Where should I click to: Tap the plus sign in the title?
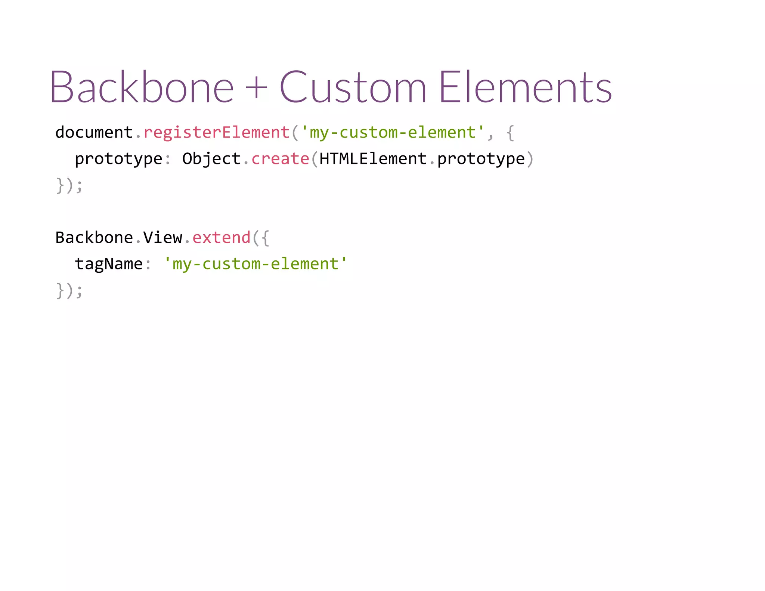point(257,88)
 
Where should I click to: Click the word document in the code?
point(94,133)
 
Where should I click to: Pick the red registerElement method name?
point(217,133)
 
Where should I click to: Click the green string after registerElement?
point(393,133)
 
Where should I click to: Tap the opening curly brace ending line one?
point(511,133)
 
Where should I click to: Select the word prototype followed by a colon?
point(118,159)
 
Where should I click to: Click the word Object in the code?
point(211,159)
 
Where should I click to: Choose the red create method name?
point(281,159)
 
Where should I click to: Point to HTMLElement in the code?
point(373,159)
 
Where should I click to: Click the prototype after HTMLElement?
point(481,159)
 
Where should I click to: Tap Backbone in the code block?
point(94,238)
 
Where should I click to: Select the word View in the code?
point(162,238)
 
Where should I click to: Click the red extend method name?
point(222,238)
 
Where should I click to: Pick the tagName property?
point(109,264)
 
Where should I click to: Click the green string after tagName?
point(255,264)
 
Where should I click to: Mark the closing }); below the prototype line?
point(69,186)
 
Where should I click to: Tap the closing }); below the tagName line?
point(69,291)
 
